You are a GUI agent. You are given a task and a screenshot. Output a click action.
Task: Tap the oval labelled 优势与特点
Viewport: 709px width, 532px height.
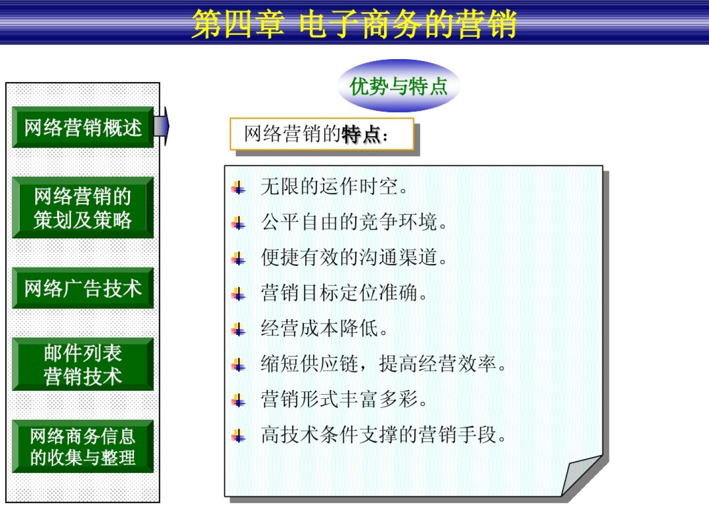tap(398, 86)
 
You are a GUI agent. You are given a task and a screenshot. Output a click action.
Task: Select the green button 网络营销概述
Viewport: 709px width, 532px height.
tap(83, 127)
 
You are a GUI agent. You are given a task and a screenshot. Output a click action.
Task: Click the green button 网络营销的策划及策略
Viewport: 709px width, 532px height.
tap(83, 208)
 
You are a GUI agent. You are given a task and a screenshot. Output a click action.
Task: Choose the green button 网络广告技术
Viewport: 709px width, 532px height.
tap(83, 288)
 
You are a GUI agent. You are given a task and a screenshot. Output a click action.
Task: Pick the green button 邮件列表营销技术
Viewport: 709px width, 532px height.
tap(83, 365)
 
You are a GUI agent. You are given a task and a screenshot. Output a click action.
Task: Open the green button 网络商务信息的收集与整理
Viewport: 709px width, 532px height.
tap(83, 446)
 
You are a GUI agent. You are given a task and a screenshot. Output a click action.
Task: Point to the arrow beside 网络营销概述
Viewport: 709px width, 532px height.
tap(161, 126)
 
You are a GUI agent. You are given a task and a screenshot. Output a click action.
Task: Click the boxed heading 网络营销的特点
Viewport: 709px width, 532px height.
tap(322, 134)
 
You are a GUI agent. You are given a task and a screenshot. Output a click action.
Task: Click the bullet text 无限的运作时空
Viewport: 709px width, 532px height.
tap(333, 187)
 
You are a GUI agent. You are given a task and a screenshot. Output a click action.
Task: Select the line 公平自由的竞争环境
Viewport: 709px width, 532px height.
tap(354, 222)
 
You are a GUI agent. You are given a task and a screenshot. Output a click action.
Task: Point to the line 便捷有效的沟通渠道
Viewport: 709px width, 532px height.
tap(354, 258)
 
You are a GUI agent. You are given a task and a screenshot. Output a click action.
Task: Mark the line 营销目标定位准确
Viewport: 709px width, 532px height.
tap(344, 293)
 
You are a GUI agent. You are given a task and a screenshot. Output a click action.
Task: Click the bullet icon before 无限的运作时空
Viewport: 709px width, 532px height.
tap(238, 187)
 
